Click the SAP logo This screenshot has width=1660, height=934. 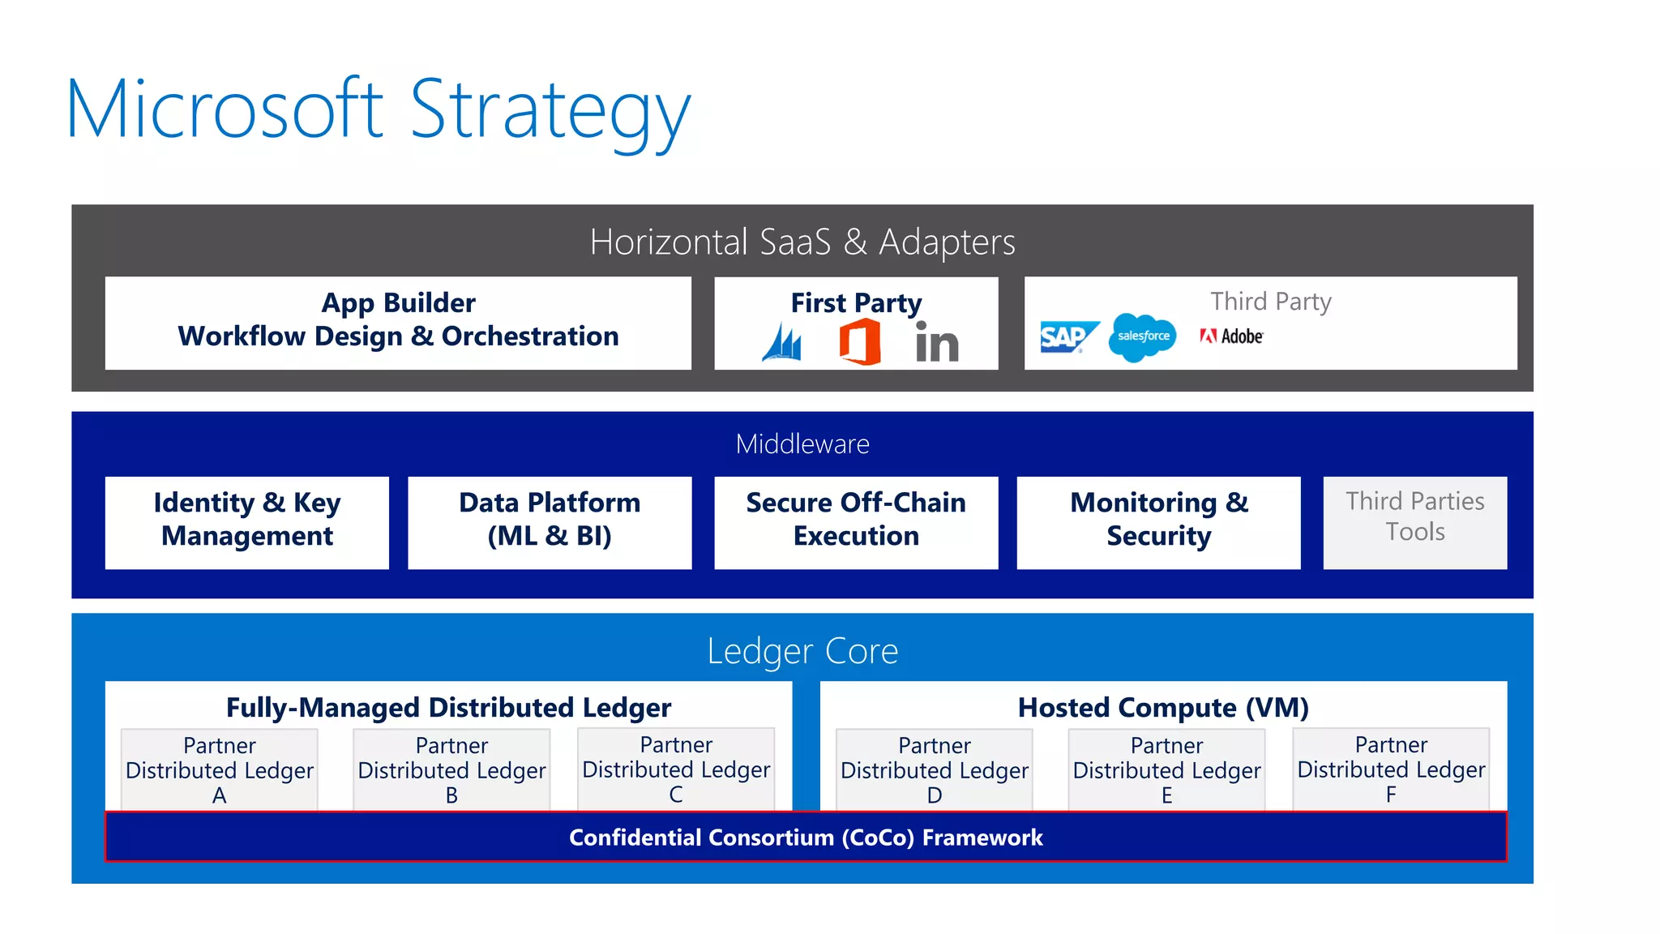point(1067,336)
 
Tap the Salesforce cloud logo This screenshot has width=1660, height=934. point(1142,336)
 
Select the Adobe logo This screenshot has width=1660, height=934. point(1231,336)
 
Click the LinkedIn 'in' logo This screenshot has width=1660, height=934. point(936,342)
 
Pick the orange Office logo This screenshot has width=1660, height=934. point(860,341)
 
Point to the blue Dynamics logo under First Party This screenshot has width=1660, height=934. point(782,342)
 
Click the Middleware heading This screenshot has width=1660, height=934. point(802,443)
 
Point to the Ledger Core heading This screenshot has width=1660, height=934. point(802,650)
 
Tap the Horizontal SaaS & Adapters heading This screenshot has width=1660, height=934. point(802,242)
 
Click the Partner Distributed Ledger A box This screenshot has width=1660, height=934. point(219,769)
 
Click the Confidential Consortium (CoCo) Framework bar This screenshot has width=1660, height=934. point(806,837)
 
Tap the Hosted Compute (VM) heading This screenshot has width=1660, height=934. point(1163,707)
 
